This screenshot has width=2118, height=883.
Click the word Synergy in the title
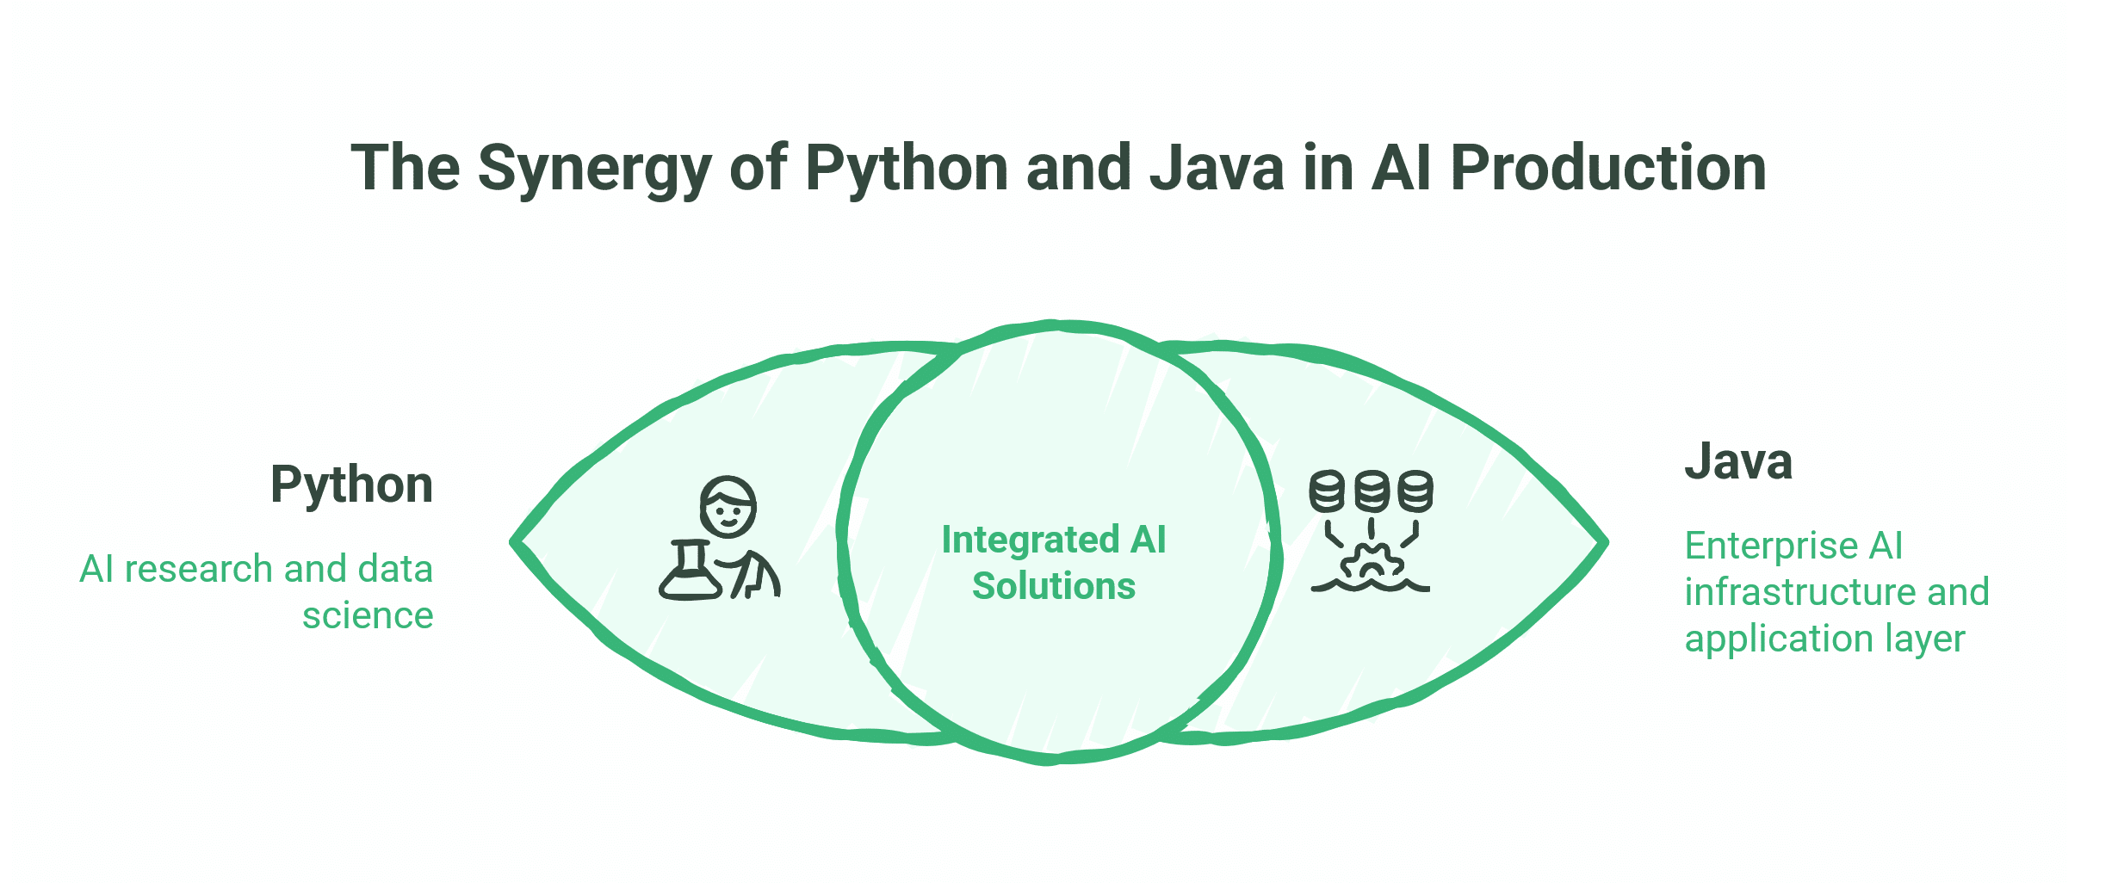pyautogui.click(x=594, y=169)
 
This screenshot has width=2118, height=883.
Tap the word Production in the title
pyautogui.click(x=1608, y=169)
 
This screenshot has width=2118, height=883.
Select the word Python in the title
pyautogui.click(x=906, y=169)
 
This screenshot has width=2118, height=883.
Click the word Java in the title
pyautogui.click(x=1217, y=169)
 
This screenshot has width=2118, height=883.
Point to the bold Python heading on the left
pyautogui.click(x=351, y=485)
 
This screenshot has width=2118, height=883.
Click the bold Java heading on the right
pyautogui.click(x=1737, y=461)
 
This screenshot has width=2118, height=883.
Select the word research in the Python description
pyautogui.click(x=199, y=569)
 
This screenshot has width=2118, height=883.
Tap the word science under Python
pyautogui.click(x=368, y=615)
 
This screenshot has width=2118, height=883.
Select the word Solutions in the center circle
pyautogui.click(x=1054, y=586)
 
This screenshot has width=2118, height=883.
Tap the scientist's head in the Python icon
pyautogui.click(x=728, y=507)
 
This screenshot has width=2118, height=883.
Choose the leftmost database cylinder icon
pyautogui.click(x=1327, y=491)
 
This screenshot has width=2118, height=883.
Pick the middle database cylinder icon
pyautogui.click(x=1372, y=491)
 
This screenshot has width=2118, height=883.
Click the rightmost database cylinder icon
pyautogui.click(x=1416, y=491)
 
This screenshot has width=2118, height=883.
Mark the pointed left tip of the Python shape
pyautogui.click(x=515, y=542)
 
